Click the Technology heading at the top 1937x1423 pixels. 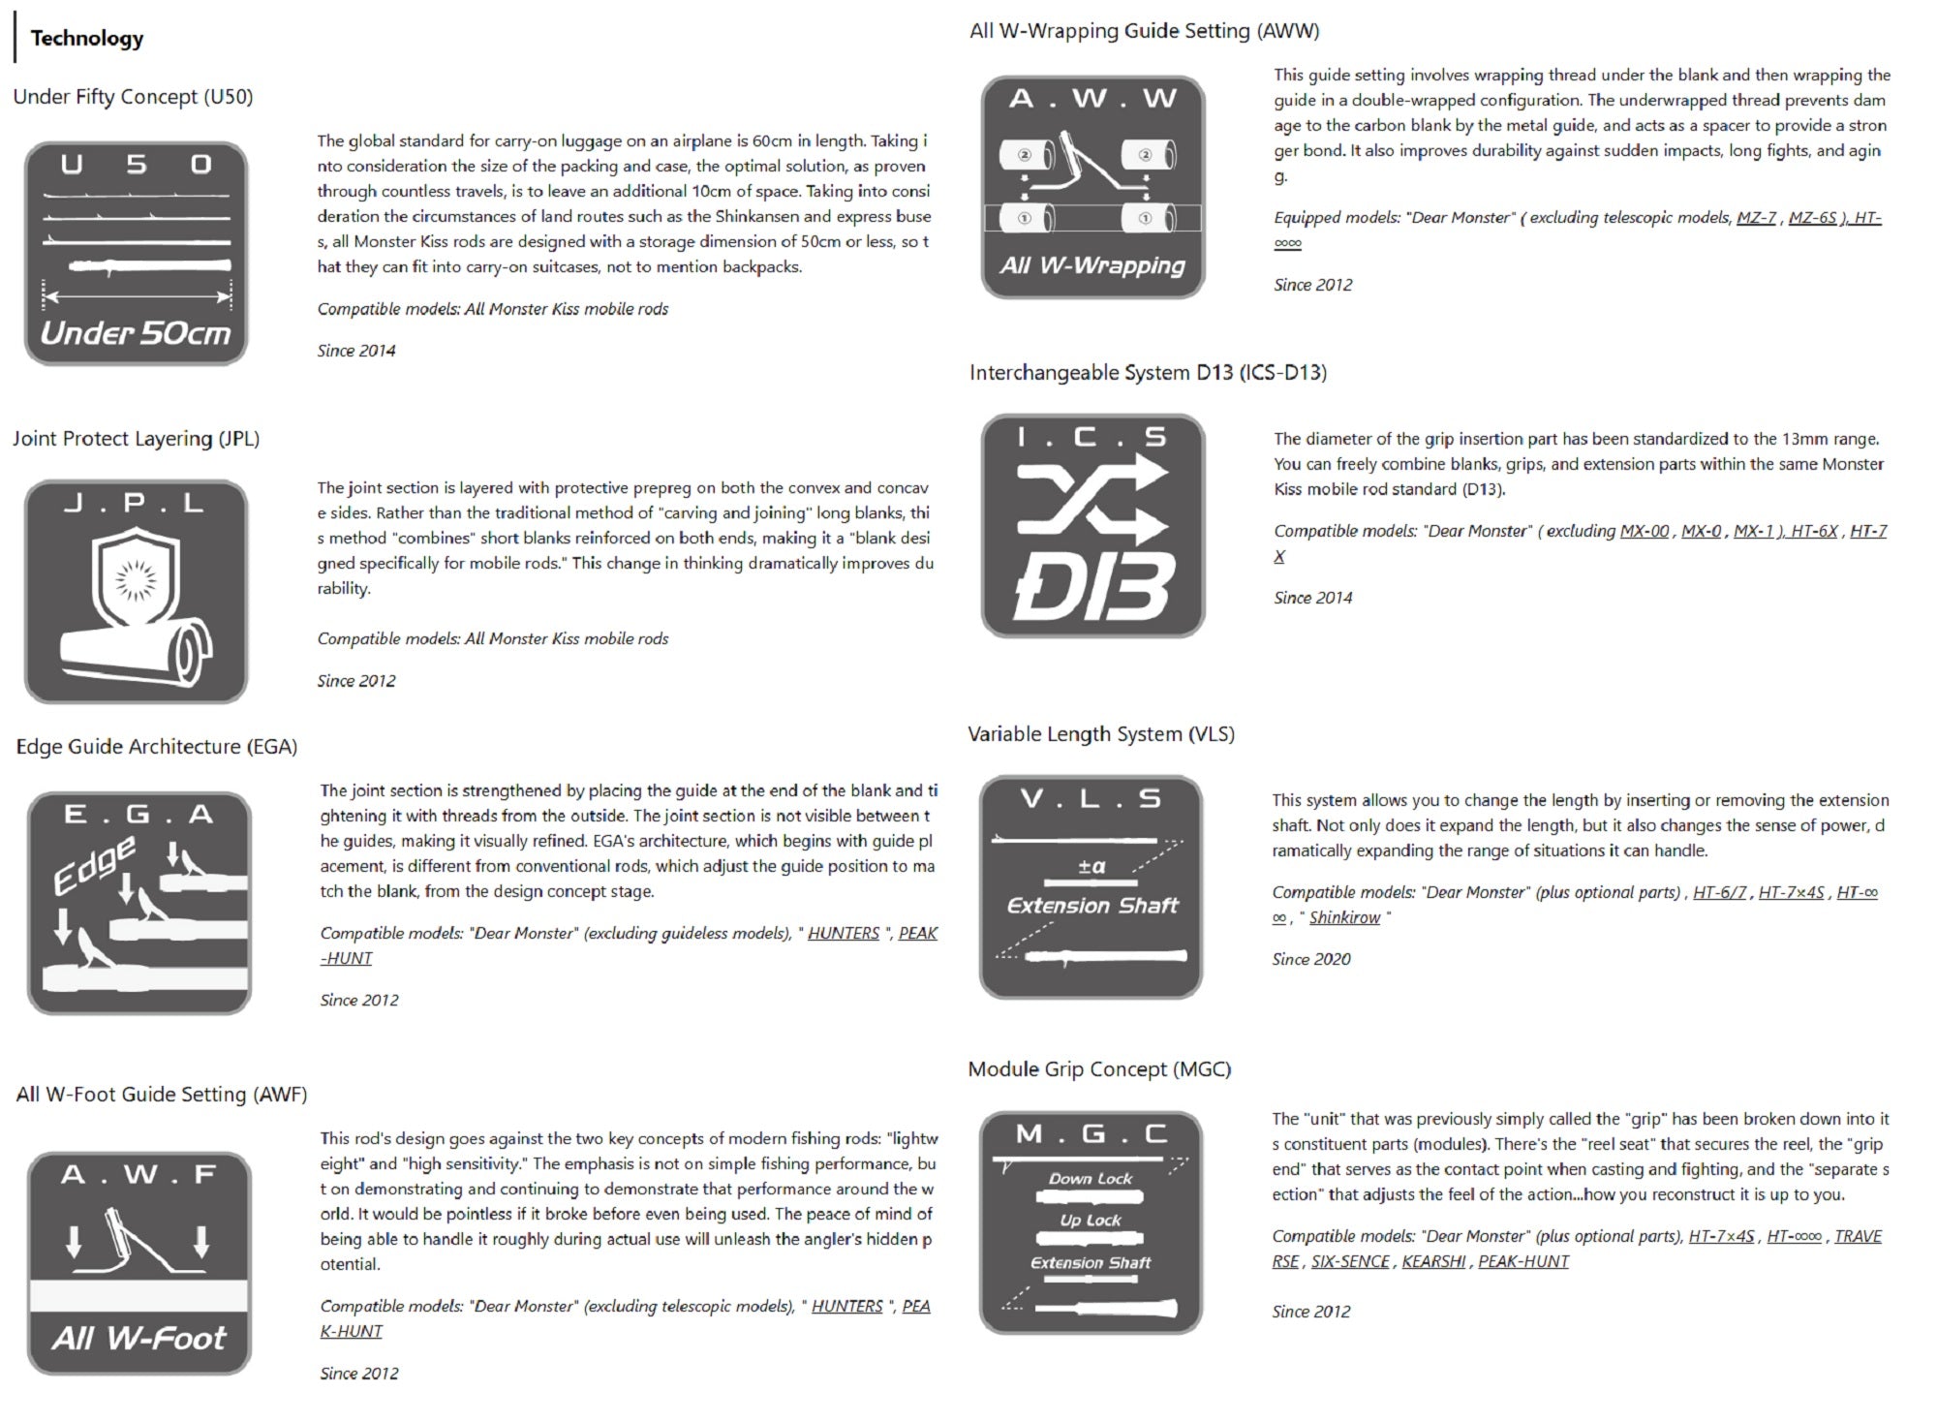coord(87,38)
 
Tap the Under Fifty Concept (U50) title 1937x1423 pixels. coord(133,97)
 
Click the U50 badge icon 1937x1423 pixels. coord(136,254)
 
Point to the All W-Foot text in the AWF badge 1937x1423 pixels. coord(138,1338)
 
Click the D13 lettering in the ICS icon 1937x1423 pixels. coord(1093,586)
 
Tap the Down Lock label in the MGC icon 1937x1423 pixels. coord(1091,1178)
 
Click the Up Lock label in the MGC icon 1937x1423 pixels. coord(1091,1221)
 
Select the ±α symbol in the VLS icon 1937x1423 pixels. coord(1091,866)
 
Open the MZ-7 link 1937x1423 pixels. coord(1756,218)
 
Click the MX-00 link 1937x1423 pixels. coord(1645,531)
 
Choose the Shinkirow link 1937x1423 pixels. coord(1344,917)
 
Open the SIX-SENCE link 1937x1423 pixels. coord(1350,1261)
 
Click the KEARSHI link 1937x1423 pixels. coord(1433,1261)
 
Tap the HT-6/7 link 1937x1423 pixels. coord(1719,892)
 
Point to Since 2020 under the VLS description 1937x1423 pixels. coord(1310,959)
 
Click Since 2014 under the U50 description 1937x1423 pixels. coord(356,351)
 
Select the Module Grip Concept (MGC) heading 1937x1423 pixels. coord(1099,1069)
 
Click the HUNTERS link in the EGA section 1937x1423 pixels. coord(844,933)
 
